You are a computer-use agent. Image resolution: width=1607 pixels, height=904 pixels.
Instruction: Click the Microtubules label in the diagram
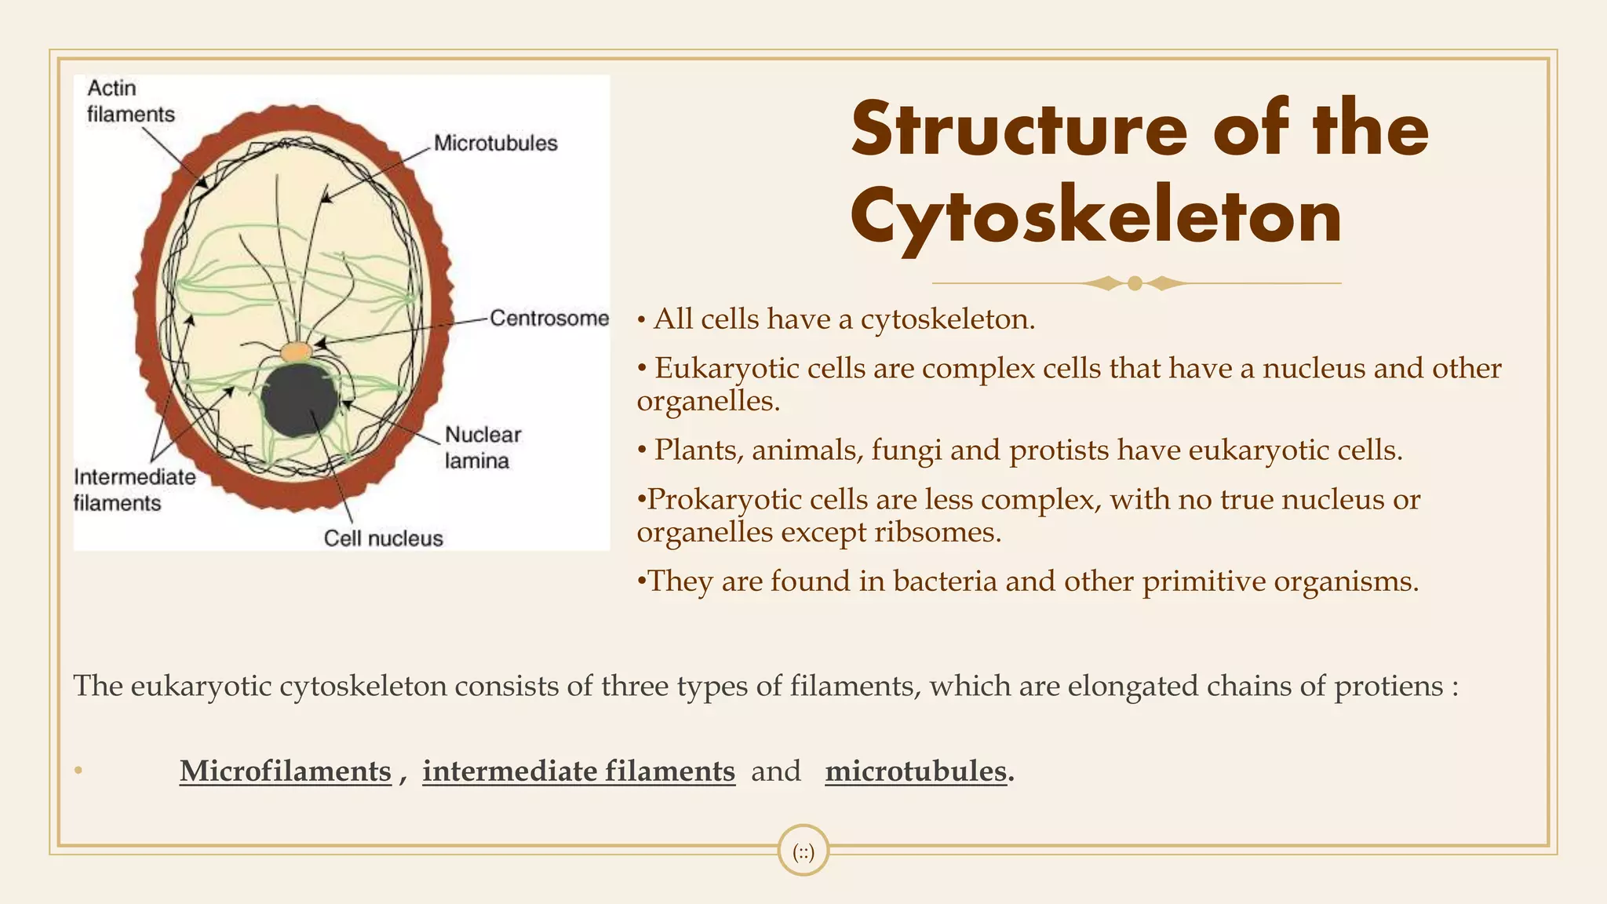coord(495,143)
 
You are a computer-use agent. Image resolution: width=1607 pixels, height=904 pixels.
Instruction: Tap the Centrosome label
coord(549,318)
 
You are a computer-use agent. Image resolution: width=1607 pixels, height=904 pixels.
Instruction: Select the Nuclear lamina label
coord(482,447)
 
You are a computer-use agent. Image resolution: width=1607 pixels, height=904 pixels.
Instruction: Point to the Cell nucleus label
coord(383,538)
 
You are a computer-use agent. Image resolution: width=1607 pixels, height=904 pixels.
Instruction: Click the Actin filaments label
coord(129,101)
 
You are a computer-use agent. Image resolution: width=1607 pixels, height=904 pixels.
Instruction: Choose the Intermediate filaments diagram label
coord(134,490)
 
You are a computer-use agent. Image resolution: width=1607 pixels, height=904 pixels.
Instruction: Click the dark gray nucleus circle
coord(300,400)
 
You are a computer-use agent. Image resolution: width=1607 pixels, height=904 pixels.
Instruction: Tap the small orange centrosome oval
coord(297,351)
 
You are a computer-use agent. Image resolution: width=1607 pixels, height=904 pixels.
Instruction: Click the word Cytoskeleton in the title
coord(1095,217)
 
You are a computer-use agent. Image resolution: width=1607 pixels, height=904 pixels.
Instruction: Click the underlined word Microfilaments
coord(285,771)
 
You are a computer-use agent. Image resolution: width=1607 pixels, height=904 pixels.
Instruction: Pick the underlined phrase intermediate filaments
coord(578,771)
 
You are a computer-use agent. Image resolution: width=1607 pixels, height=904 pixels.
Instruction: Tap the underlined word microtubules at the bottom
coord(916,771)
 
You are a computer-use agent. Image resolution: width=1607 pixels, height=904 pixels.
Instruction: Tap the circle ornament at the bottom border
coord(803,851)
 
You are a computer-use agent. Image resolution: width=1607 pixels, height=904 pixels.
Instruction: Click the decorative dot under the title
coord(1135,283)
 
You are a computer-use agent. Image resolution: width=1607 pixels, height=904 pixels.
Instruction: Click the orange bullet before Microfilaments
coord(78,771)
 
